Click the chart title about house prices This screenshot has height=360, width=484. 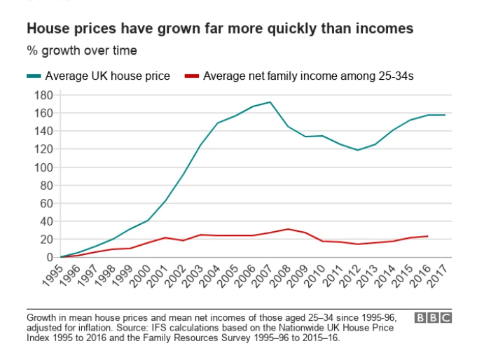pos(220,29)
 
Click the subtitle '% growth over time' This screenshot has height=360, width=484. pos(82,50)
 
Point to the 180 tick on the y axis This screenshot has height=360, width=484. pos(43,95)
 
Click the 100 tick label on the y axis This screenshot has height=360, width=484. pos(43,167)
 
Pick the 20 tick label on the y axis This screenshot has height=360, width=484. pos(46,240)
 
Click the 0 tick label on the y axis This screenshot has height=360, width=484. pos(49,258)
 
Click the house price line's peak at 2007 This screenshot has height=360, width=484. pos(270,102)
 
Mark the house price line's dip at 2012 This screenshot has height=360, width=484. pos(357,150)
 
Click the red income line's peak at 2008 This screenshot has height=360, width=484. pos(288,229)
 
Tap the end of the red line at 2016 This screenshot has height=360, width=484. pos(427,236)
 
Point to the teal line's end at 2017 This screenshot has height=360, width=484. pos(444,115)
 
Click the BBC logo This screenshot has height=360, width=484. pos(434,318)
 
